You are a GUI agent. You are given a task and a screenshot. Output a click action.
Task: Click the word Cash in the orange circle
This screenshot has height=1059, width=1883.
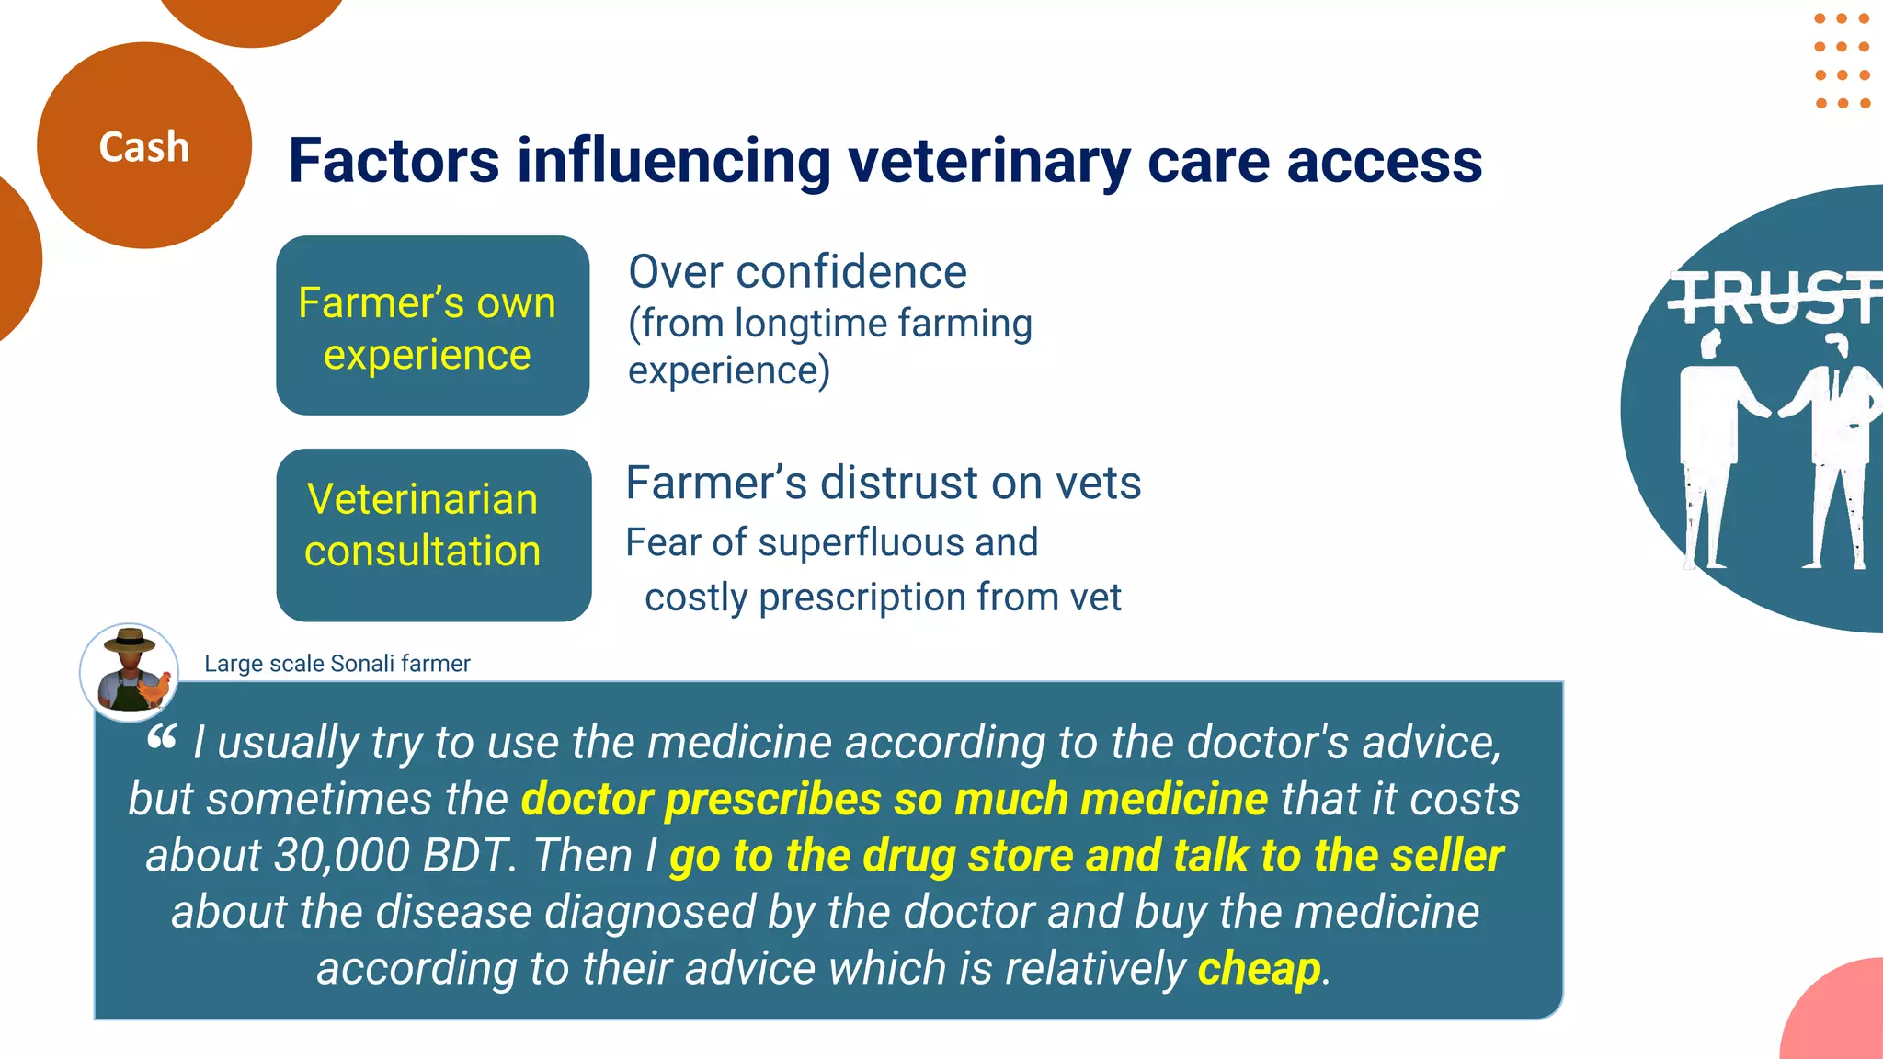click(143, 147)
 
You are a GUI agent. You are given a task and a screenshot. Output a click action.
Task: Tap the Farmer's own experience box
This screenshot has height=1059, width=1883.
click(432, 325)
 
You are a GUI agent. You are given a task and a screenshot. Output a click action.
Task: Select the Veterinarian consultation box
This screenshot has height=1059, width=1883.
click(433, 535)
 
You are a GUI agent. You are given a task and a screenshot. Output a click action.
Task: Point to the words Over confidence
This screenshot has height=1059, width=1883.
click(797, 272)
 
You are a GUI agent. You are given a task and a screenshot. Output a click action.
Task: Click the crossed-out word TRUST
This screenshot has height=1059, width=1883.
click(1775, 298)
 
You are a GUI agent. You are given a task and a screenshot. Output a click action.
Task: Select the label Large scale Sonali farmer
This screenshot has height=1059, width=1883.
click(337, 664)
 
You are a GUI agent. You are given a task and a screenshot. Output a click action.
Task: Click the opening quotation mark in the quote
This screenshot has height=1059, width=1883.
click(162, 736)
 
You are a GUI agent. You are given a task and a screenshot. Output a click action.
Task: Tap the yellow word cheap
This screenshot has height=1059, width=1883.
click(1259, 969)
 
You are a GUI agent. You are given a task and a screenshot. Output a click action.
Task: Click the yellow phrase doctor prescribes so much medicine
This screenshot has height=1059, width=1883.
click(894, 799)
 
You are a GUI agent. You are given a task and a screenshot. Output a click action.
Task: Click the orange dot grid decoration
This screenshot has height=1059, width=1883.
click(1842, 61)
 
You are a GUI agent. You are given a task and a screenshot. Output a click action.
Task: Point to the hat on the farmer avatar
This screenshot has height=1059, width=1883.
click(130, 639)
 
